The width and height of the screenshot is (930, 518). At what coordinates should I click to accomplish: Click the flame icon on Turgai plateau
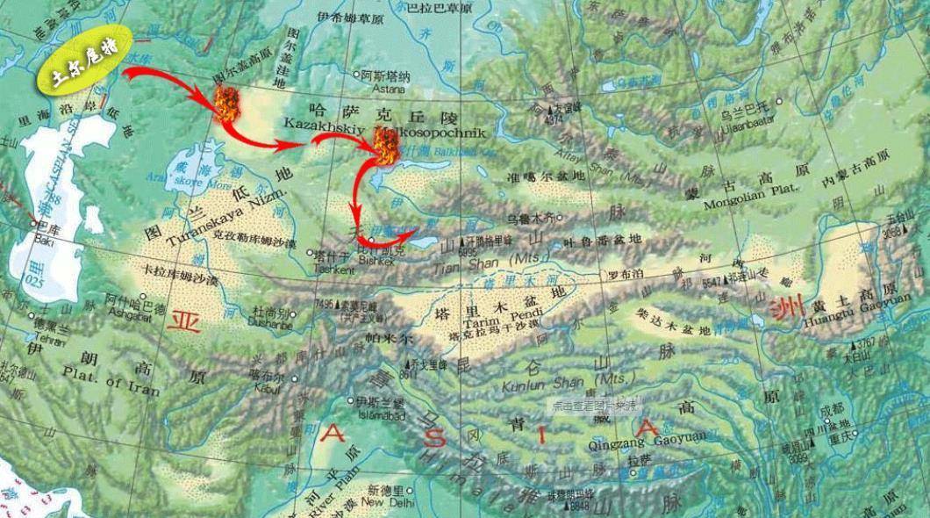(226, 104)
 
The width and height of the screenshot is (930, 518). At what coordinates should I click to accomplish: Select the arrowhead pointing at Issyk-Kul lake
(414, 234)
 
